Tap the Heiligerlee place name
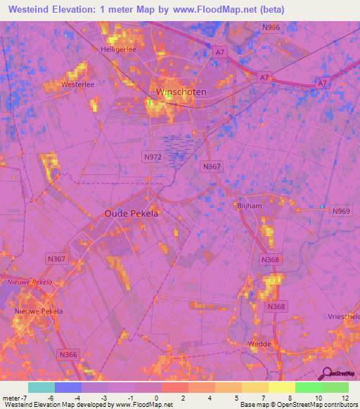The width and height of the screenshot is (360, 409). pos(117,49)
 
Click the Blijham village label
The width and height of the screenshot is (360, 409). pos(249,207)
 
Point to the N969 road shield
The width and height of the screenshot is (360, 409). pos(340,211)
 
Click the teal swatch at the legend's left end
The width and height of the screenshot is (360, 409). pos(41,387)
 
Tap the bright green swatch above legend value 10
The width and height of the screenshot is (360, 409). pos(308,387)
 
